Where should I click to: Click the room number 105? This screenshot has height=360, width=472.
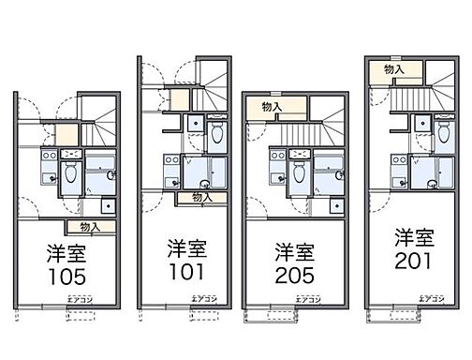[x=66, y=277]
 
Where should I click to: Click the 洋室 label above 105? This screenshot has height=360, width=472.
[x=66, y=253]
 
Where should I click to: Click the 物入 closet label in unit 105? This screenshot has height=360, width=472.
[x=90, y=227]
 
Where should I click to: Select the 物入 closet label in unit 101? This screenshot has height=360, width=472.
[x=201, y=197]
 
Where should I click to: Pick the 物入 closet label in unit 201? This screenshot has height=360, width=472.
[x=394, y=68]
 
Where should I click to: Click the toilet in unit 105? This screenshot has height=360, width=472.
[x=69, y=172]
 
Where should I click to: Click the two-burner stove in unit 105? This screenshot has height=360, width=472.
[x=74, y=152]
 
